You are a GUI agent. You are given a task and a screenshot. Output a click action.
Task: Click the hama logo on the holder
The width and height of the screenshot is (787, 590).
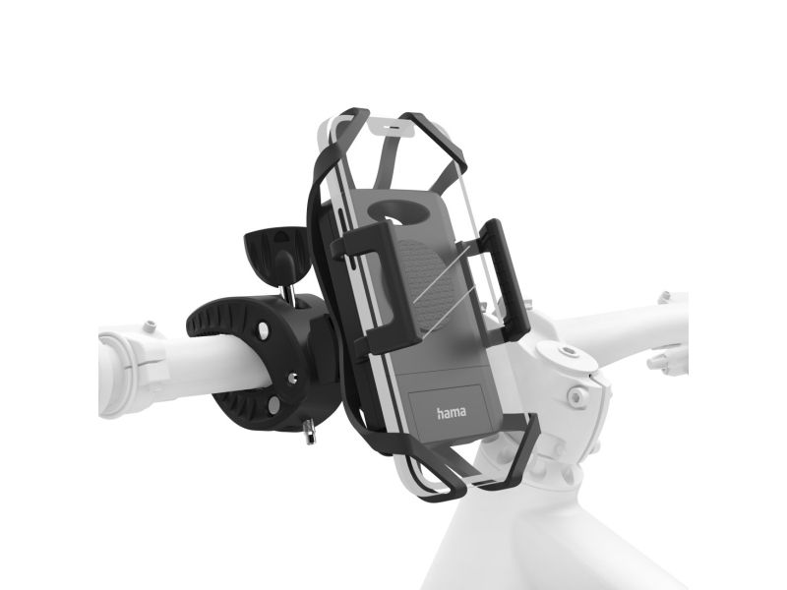451,412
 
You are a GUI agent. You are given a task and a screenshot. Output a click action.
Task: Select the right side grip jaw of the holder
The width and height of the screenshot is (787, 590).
503,277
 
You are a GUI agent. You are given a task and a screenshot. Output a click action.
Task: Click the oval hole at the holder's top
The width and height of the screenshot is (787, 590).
399,209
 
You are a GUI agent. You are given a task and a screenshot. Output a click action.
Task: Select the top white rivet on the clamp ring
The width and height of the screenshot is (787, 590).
263,329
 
